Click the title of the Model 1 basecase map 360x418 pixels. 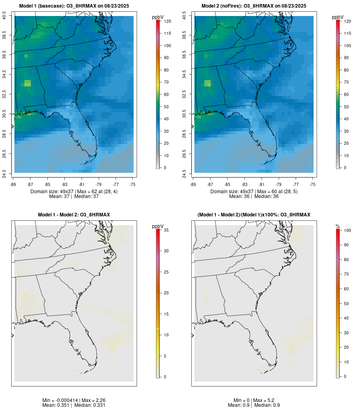74,6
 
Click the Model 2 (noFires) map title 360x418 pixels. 254,6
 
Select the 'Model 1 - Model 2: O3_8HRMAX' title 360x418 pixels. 74,215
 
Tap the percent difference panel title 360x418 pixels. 254,215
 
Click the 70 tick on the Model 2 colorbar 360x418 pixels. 346,82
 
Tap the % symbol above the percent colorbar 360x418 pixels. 338,226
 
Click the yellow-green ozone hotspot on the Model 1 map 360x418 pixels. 27,83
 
